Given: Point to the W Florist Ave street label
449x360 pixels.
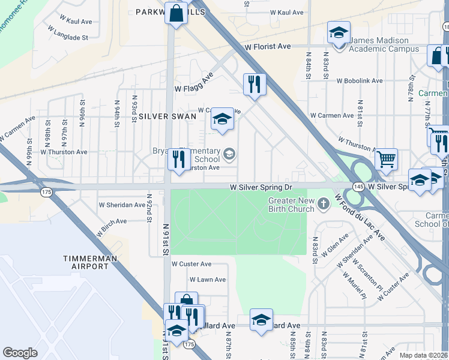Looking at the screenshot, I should point(267,46).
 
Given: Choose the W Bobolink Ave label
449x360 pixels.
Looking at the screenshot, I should point(359,80).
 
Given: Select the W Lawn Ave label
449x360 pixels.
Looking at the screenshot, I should point(208,280).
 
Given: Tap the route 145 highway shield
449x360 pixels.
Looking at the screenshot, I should point(357,187).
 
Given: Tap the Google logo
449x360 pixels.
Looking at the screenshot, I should point(20,353).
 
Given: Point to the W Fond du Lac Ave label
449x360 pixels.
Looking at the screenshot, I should point(360,217).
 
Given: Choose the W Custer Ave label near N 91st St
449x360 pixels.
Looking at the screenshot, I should point(191,264).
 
